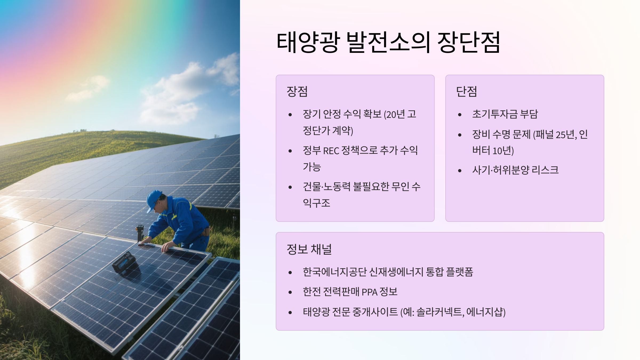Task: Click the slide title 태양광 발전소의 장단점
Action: click(388, 42)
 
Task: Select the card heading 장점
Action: click(297, 91)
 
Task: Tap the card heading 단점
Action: click(467, 91)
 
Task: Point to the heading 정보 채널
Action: click(309, 249)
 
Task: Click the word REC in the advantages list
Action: click(331, 151)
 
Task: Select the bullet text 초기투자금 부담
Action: click(505, 114)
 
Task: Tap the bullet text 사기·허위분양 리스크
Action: click(515, 170)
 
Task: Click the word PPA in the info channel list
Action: click(369, 292)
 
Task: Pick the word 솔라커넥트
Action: click(440, 312)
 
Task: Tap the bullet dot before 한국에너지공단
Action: click(290, 273)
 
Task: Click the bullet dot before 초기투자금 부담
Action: click(460, 115)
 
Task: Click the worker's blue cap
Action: click(154, 199)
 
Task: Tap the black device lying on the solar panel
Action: click(124, 262)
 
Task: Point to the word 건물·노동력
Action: click(327, 187)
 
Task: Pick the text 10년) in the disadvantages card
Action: click(503, 151)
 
